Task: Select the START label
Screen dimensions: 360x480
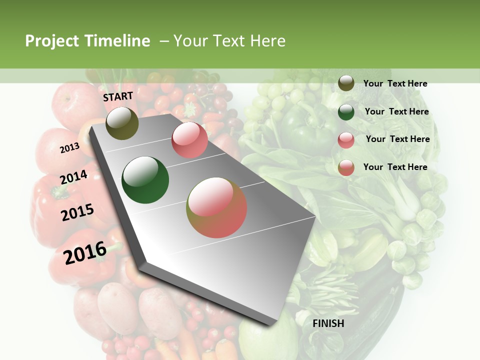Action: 118,96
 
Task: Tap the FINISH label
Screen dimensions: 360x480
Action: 328,323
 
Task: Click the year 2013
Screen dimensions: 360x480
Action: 69,148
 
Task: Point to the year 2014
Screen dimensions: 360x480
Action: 73,177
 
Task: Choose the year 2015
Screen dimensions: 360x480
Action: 77,212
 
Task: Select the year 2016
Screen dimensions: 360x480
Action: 85,253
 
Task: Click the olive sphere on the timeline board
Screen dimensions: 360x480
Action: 122,123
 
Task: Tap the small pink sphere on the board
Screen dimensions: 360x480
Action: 189,140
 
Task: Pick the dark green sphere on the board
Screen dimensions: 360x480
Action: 145,180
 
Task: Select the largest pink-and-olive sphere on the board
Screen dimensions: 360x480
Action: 216,207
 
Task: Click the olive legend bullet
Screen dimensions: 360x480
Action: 346,83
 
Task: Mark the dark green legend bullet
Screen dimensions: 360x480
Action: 346,111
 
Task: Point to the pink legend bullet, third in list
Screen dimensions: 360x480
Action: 346,139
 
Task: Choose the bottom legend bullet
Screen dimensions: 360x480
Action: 346,167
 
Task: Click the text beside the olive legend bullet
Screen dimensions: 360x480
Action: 395,83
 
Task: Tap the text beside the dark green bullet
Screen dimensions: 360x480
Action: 396,111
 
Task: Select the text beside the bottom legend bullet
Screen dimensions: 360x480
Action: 395,167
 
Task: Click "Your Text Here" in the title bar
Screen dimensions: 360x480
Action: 229,41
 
